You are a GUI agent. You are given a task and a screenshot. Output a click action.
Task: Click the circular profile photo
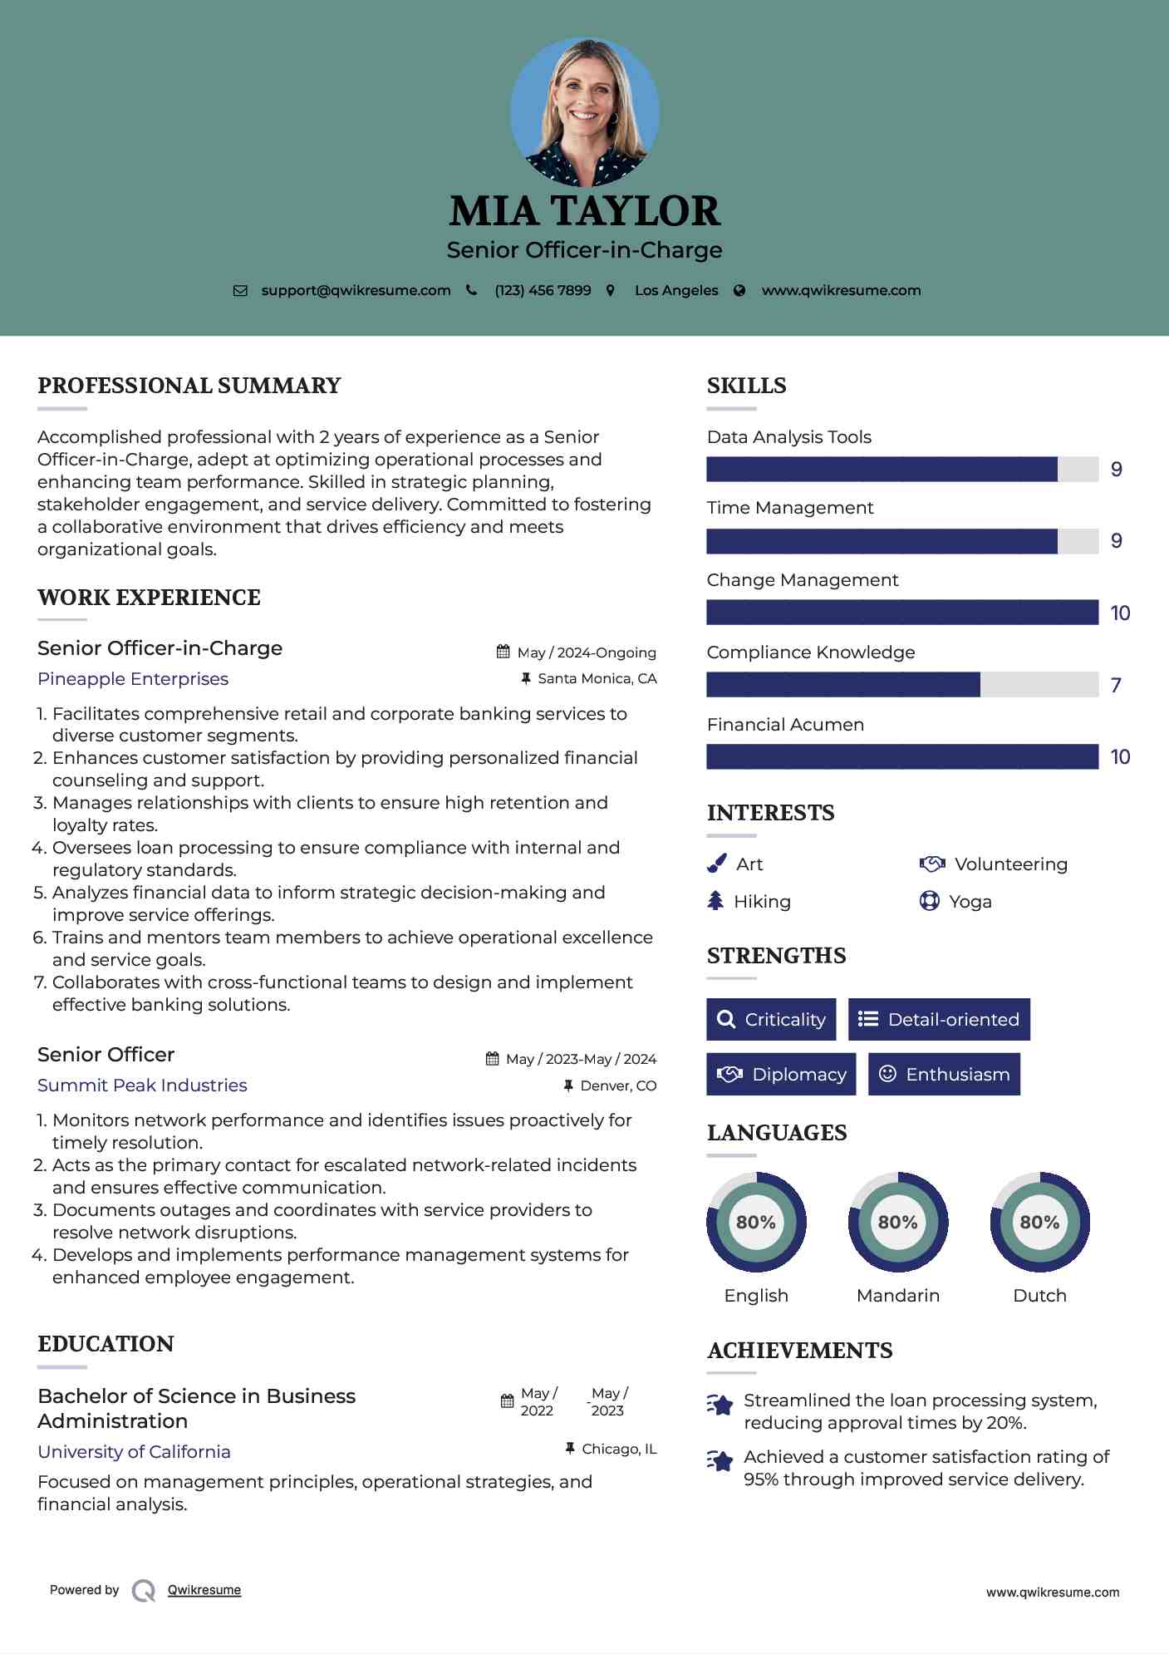584,111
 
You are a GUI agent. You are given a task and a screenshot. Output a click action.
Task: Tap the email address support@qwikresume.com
356,291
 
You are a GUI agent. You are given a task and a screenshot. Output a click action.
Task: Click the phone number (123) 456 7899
543,291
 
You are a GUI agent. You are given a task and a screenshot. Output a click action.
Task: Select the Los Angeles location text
676,291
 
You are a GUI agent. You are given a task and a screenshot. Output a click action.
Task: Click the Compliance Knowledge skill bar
901,685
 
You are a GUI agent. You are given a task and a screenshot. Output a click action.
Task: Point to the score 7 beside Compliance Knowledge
1116,686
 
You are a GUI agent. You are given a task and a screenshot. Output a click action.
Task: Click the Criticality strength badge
771,1020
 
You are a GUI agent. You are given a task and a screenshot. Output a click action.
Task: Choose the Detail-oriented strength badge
939,1020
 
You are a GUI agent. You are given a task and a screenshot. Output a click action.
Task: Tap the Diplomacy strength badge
781,1075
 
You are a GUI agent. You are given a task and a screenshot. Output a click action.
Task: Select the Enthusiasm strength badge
944,1075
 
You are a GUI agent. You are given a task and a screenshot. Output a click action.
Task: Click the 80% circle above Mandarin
897,1223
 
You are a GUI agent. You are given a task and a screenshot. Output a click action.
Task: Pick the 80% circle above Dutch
1039,1223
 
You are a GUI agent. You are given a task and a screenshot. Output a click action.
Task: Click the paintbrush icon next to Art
716,864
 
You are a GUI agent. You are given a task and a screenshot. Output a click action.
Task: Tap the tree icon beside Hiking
715,901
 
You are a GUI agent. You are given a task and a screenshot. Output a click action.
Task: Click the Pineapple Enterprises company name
133,679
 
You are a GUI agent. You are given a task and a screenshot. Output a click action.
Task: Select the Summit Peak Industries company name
142,1085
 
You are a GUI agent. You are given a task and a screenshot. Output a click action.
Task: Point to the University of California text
134,1452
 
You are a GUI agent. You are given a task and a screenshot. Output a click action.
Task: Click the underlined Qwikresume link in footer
204,1590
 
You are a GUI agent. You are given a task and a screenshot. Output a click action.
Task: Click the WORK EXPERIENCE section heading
149,598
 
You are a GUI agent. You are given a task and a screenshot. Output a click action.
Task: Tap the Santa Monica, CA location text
597,679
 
